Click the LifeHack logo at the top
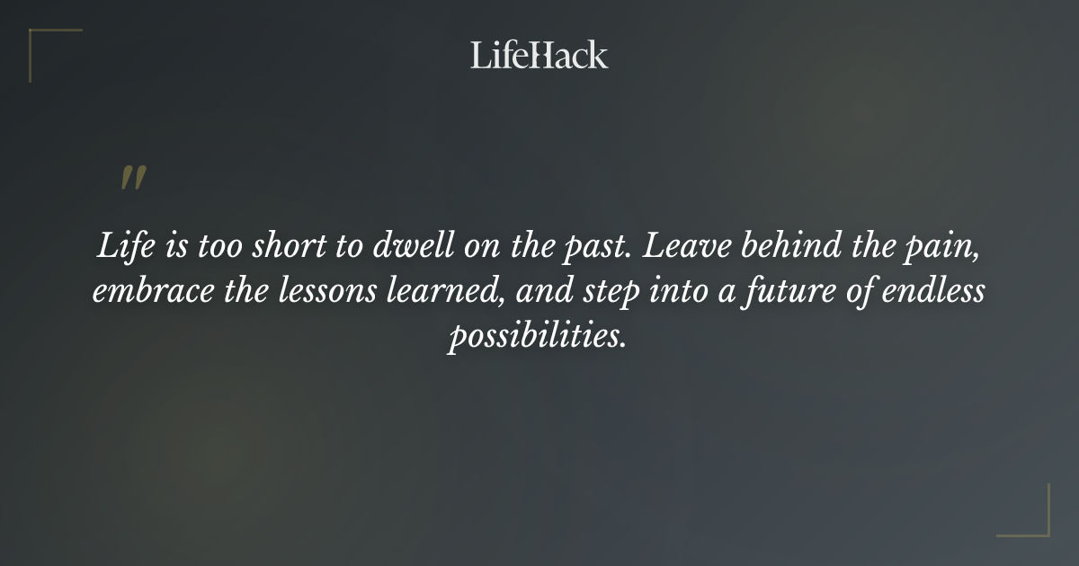(539, 55)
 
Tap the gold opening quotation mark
(132, 178)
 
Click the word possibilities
(537, 337)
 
